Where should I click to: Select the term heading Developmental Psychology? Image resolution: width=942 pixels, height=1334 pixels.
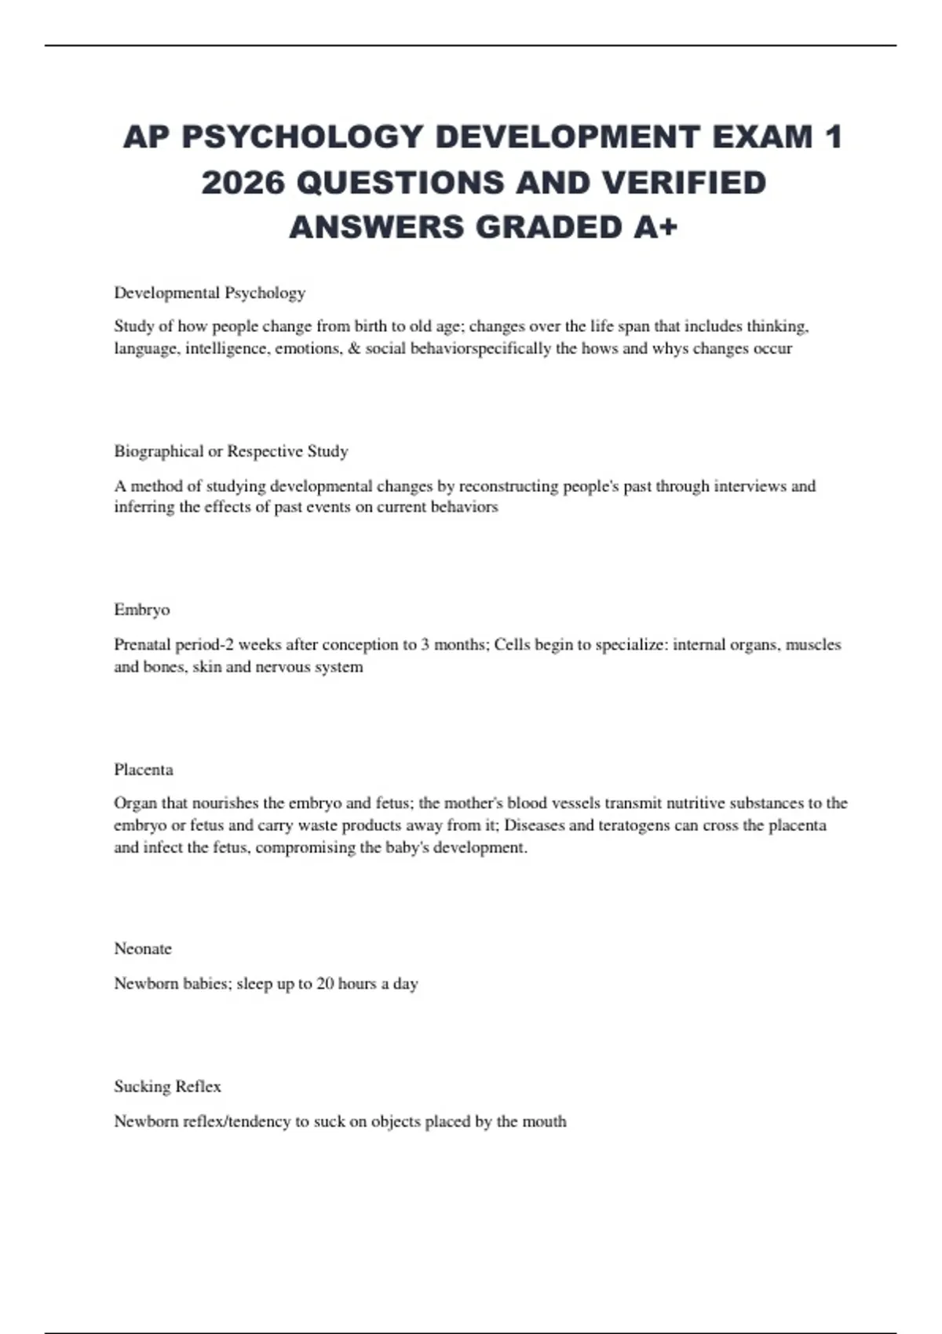pyautogui.click(x=210, y=293)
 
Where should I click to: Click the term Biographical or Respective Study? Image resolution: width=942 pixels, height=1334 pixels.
pyautogui.click(x=231, y=451)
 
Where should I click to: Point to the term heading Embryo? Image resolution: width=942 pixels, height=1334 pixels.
pyautogui.click(x=141, y=610)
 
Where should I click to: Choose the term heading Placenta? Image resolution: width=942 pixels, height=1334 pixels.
pyautogui.click(x=144, y=769)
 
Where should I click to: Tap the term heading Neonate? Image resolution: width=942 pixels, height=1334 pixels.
pyautogui.click(x=143, y=949)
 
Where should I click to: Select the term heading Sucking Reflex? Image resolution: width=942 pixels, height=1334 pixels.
pyautogui.click(x=167, y=1086)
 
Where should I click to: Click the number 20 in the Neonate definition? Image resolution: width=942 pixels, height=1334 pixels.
pyautogui.click(x=325, y=983)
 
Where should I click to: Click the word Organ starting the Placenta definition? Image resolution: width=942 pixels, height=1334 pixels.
pyautogui.click(x=135, y=803)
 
